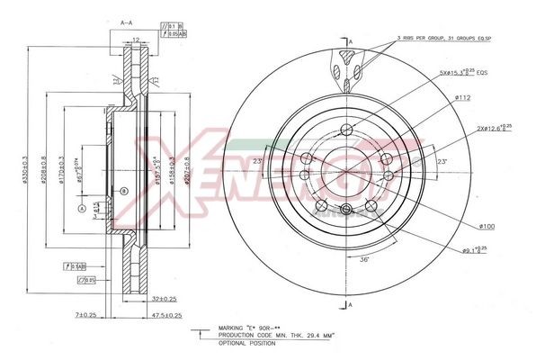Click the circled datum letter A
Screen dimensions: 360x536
click(81, 209)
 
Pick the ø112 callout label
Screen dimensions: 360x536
click(462, 98)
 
